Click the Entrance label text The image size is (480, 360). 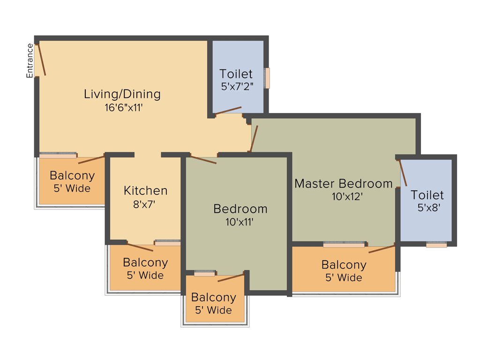pyautogui.click(x=30, y=60)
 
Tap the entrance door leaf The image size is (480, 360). pyautogui.click(x=42, y=59)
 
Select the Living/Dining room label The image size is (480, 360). pyautogui.click(x=122, y=94)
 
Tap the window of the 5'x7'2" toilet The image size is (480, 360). pyautogui.click(x=267, y=78)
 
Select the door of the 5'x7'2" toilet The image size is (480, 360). pyautogui.click(x=228, y=110)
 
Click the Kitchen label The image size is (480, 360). pyautogui.click(x=145, y=190)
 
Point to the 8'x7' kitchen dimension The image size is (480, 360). pyautogui.click(x=145, y=204)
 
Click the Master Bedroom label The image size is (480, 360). pyautogui.click(x=343, y=183)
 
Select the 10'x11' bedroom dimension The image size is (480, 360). pyautogui.click(x=240, y=222)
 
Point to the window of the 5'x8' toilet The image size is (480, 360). pyautogui.click(x=436, y=245)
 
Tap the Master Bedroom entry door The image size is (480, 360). pyautogui.click(x=254, y=139)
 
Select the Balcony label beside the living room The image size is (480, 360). pyautogui.click(x=72, y=176)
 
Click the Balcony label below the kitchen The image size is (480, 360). pyautogui.click(x=145, y=262)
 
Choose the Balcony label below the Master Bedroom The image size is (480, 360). pyautogui.click(x=344, y=265)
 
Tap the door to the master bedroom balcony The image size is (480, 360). pyautogui.click(x=382, y=248)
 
